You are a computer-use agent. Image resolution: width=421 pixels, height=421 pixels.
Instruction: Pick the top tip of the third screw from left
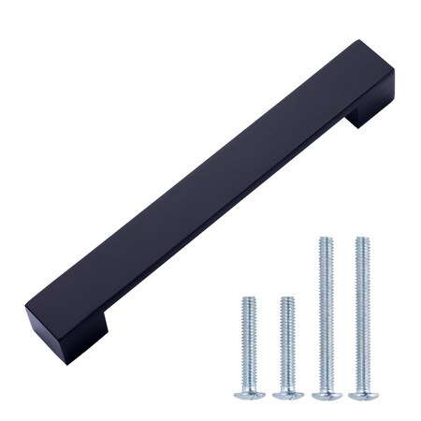coord(324,240)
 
